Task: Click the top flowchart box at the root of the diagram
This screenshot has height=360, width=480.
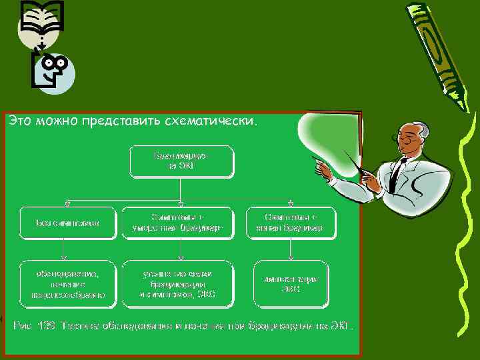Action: (181, 161)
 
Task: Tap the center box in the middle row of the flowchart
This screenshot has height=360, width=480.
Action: (179, 223)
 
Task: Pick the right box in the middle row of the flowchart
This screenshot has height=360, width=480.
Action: (291, 223)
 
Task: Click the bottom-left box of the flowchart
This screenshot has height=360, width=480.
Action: (65, 283)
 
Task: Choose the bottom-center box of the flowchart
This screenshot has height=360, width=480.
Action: (179, 283)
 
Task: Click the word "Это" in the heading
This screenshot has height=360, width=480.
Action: (20, 121)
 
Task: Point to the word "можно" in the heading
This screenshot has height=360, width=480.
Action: (56, 121)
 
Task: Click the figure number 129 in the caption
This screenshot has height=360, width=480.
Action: (45, 327)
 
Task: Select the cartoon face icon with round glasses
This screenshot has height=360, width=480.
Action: (53, 70)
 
